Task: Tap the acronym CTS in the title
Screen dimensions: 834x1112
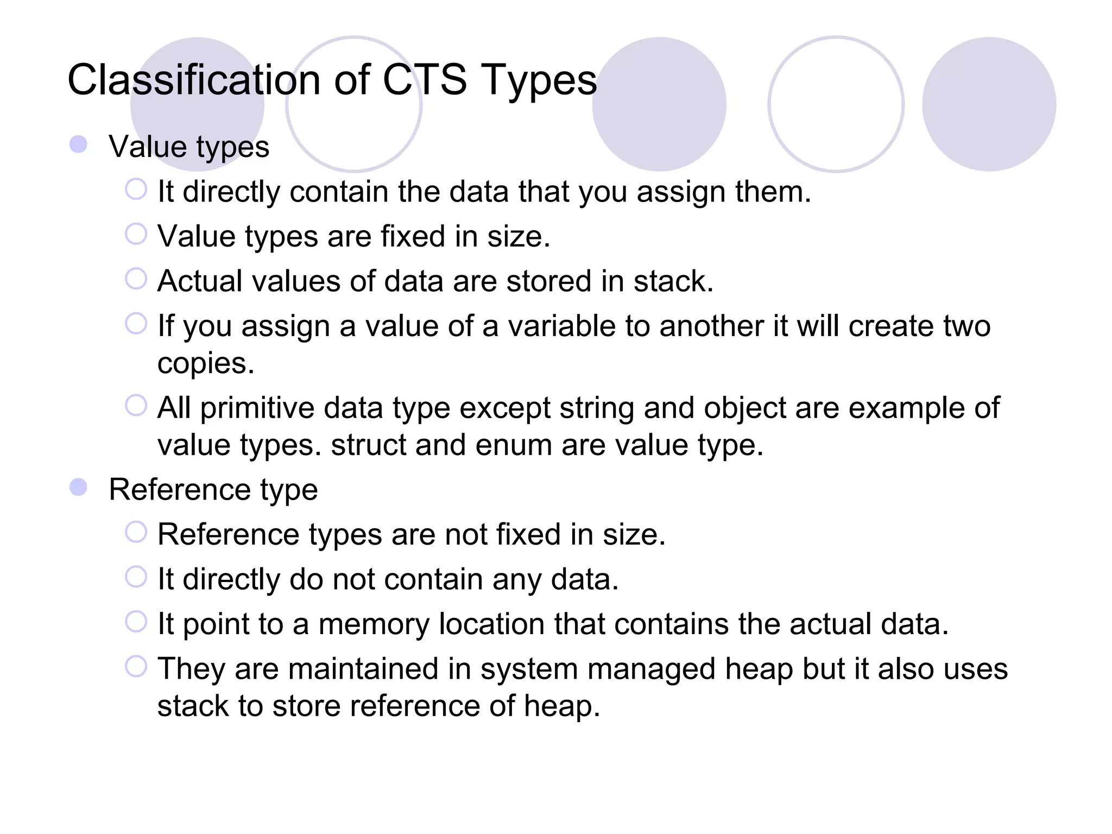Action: tap(424, 80)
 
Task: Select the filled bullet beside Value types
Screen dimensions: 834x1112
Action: tap(79, 144)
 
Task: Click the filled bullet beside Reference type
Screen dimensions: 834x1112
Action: tap(79, 487)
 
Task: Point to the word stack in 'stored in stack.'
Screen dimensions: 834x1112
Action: tap(673, 281)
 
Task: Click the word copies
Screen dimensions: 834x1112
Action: tap(205, 364)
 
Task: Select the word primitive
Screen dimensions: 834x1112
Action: tap(257, 408)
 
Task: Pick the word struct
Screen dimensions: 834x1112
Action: tap(369, 445)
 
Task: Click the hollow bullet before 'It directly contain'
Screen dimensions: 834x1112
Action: tap(136, 189)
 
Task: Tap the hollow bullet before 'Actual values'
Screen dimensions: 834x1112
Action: tap(136, 279)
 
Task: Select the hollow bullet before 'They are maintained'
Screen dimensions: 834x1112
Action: tap(136, 666)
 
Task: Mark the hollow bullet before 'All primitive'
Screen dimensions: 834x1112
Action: tap(136, 406)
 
